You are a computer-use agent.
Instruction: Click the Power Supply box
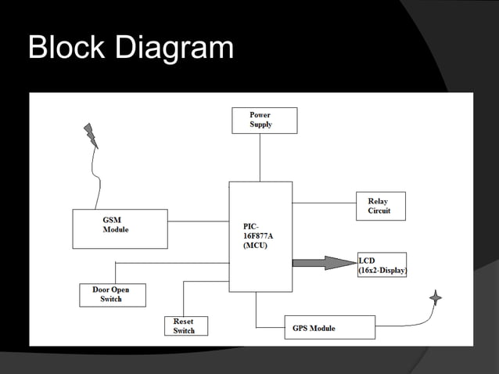pyautogui.click(x=264, y=120)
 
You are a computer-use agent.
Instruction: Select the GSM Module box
pyautogui.click(x=120, y=228)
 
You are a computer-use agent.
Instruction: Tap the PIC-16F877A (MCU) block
pyautogui.click(x=260, y=236)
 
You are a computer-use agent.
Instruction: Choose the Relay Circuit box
pyautogui.click(x=381, y=206)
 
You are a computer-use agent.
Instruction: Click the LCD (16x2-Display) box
pyautogui.click(x=382, y=264)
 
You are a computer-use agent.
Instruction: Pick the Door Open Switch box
pyautogui.click(x=113, y=295)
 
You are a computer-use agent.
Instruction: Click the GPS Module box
pyautogui.click(x=328, y=327)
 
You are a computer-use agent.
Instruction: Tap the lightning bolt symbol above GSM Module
pyautogui.click(x=92, y=135)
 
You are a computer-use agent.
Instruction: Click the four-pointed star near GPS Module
pyautogui.click(x=436, y=297)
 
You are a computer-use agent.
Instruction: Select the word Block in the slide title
pyautogui.click(x=67, y=49)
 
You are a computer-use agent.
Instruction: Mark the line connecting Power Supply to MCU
pyautogui.click(x=260, y=157)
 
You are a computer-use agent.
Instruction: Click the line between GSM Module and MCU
pyautogui.click(x=198, y=221)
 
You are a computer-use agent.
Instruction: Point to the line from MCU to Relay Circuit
pyautogui.click(x=324, y=203)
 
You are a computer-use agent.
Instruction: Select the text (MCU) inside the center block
pyautogui.click(x=257, y=246)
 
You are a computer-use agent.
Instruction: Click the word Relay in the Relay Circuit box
pyautogui.click(x=377, y=202)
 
